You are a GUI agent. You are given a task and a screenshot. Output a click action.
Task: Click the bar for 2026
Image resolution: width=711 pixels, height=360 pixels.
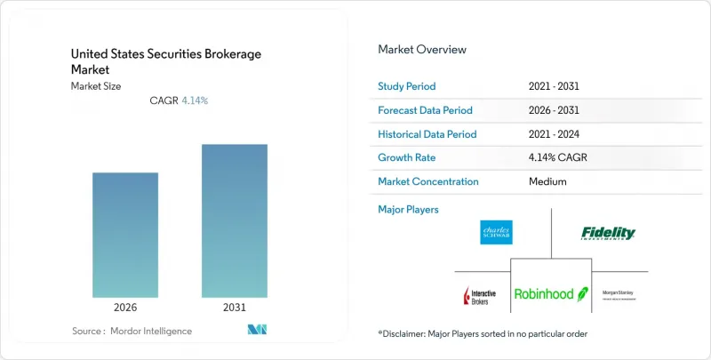click(x=125, y=235)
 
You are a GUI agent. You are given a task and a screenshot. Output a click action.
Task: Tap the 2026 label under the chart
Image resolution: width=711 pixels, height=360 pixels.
click(x=125, y=308)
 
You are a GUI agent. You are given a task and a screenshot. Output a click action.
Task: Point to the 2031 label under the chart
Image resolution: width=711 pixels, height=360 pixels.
click(x=234, y=308)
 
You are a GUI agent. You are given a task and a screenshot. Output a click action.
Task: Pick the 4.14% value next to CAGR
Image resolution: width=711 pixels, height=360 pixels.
click(x=194, y=100)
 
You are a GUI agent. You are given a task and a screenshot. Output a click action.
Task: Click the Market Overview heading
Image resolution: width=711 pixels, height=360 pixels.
click(x=422, y=50)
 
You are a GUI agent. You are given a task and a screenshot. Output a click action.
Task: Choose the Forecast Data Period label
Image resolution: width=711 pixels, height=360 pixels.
click(x=426, y=110)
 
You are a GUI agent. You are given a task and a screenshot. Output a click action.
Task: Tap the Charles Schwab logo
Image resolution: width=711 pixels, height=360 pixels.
click(x=495, y=233)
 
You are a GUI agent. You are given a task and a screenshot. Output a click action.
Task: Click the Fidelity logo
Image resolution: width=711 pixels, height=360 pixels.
click(x=609, y=233)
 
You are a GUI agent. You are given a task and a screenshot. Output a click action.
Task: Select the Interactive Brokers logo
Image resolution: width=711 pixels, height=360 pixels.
click(x=480, y=295)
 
